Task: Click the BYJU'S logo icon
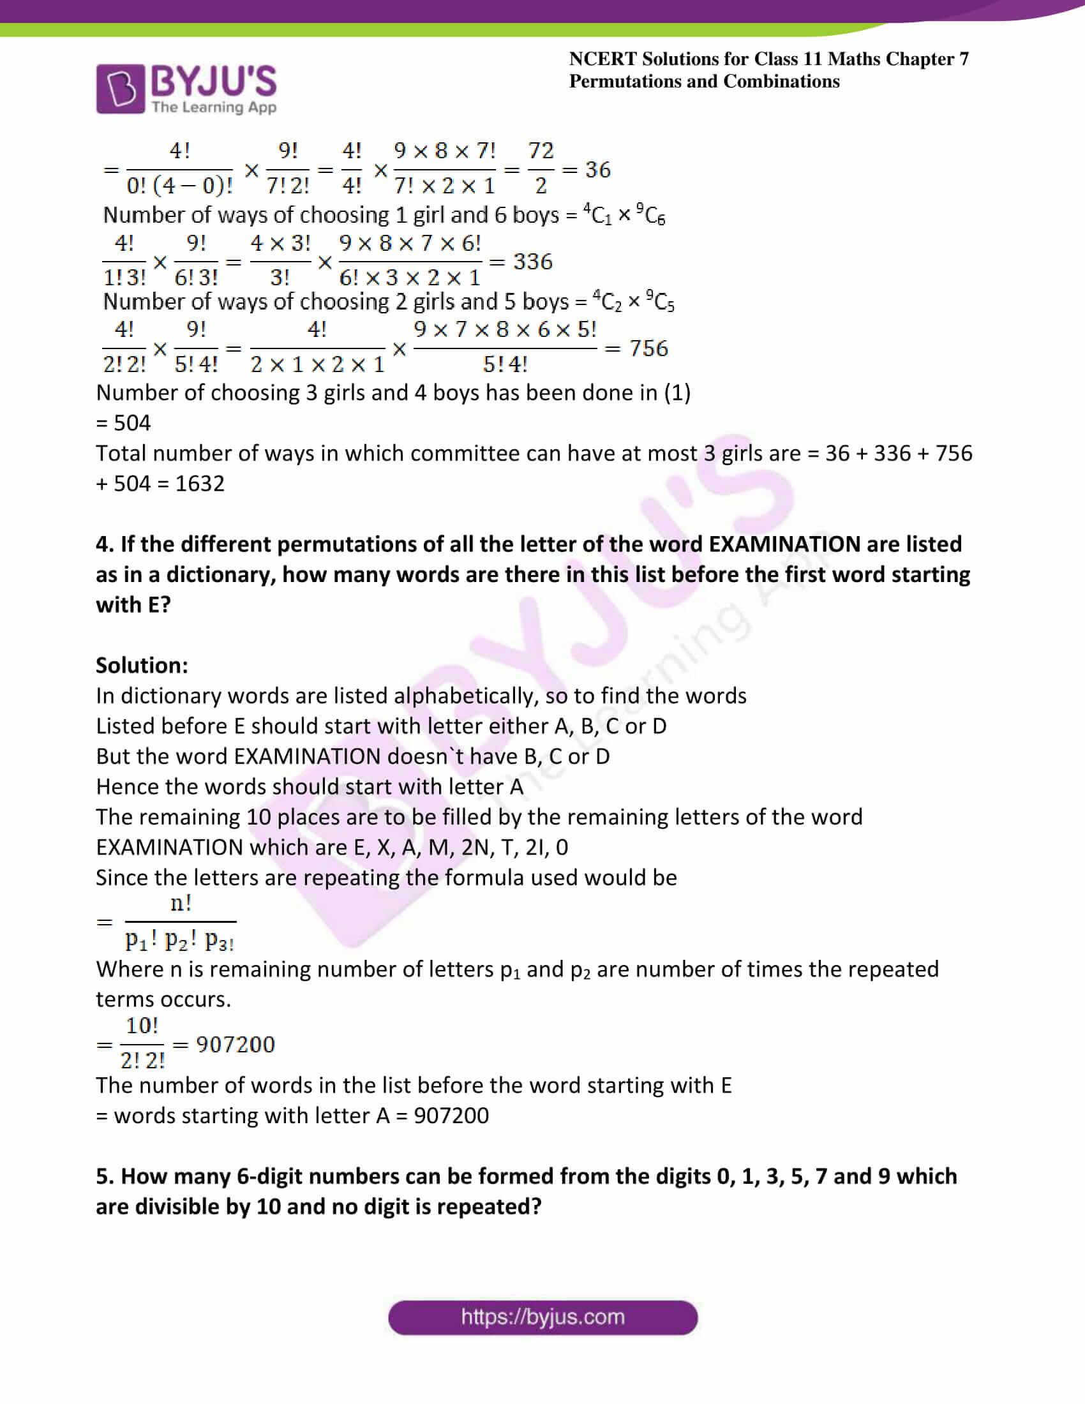[x=120, y=89]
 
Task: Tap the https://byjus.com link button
[x=542, y=1317]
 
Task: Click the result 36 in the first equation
[x=597, y=170]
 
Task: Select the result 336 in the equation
[x=532, y=262]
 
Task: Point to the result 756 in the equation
[x=648, y=348]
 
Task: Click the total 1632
[x=199, y=484]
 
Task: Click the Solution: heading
[x=142, y=666]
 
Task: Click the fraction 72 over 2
[x=541, y=168]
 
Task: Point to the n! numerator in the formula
[x=181, y=904]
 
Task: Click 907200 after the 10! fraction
[x=236, y=1045]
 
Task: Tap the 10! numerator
[x=142, y=1026]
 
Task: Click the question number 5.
[x=105, y=1176]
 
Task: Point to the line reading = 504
[x=123, y=423]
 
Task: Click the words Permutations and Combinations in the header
[x=704, y=82]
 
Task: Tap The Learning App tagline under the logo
[x=214, y=107]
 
